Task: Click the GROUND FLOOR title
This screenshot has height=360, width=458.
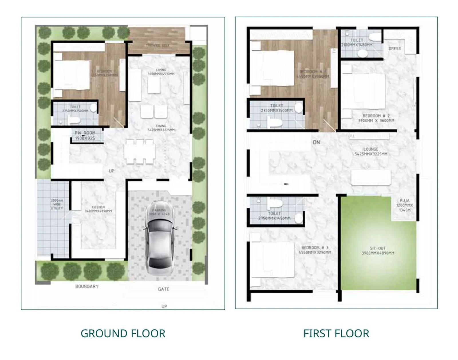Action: click(123, 334)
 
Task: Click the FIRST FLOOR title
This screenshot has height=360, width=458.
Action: click(336, 334)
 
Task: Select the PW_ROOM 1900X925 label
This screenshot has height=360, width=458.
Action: click(85, 135)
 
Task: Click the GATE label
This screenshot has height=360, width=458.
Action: click(163, 289)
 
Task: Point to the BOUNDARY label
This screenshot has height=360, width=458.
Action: click(87, 286)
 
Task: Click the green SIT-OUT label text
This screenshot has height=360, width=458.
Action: click(378, 251)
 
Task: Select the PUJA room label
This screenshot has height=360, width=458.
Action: click(404, 205)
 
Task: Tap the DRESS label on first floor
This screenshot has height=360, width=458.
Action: click(395, 49)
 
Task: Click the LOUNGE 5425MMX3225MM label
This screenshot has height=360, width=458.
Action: click(371, 152)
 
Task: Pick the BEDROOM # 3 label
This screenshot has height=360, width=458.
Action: click(315, 250)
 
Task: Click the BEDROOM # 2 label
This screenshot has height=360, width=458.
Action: click(376, 118)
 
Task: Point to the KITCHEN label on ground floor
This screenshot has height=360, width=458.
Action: click(98, 209)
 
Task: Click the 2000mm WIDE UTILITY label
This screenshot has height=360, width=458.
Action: click(57, 204)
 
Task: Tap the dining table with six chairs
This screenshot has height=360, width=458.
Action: click(139, 152)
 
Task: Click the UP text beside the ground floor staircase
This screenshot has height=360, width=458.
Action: click(111, 171)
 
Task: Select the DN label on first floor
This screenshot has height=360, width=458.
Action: click(316, 142)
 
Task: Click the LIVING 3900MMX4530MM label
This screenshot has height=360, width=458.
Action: click(161, 72)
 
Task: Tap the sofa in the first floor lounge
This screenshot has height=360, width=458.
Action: click(371, 178)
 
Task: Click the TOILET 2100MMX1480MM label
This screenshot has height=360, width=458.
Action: click(357, 43)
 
